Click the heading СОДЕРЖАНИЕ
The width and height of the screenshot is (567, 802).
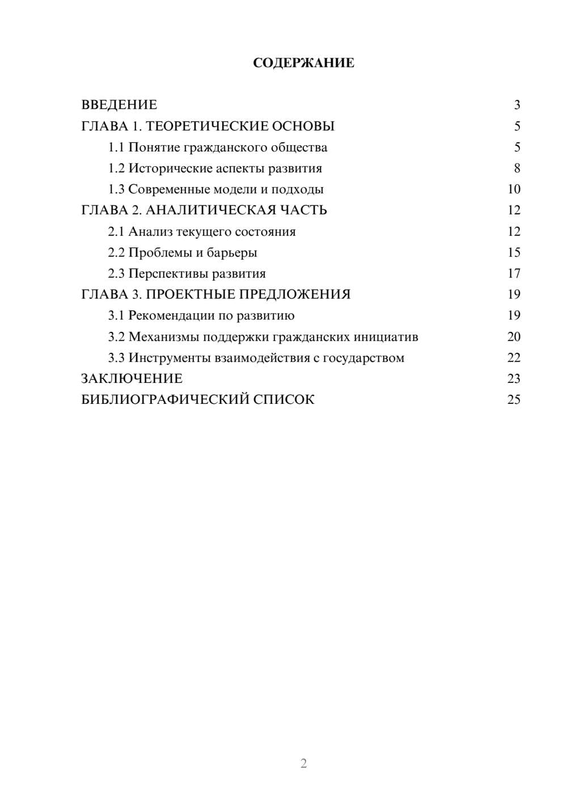pyautogui.click(x=303, y=63)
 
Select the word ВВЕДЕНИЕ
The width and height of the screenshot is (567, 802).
pyautogui.click(x=119, y=105)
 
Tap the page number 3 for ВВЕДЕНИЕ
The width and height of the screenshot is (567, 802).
pyautogui.click(x=517, y=105)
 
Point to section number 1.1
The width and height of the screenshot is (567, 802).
pyautogui.click(x=116, y=147)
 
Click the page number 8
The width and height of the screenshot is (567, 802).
pyautogui.click(x=517, y=168)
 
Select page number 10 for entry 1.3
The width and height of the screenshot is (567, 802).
pyautogui.click(x=514, y=189)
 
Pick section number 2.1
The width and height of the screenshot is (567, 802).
pyautogui.click(x=116, y=231)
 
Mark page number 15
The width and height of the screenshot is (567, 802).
pyautogui.click(x=514, y=252)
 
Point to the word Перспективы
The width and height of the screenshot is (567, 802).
pyautogui.click(x=168, y=273)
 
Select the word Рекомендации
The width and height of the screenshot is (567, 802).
pyautogui.click(x=171, y=315)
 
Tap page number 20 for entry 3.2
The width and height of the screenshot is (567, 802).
pyautogui.click(x=514, y=336)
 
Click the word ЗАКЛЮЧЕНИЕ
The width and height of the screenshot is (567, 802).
pyautogui.click(x=132, y=378)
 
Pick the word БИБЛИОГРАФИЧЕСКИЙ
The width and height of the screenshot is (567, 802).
pyautogui.click(x=165, y=399)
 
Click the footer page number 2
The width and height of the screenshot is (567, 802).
pyautogui.click(x=303, y=763)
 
